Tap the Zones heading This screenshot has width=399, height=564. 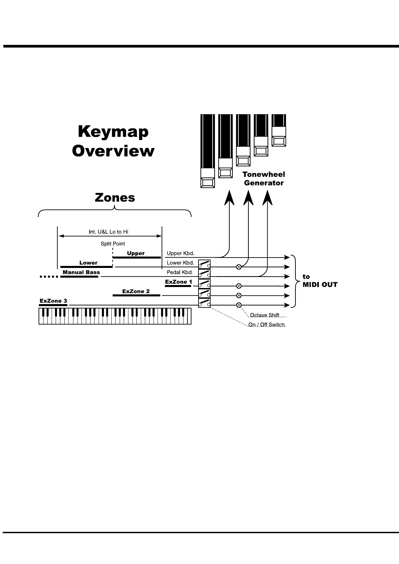click(x=115, y=197)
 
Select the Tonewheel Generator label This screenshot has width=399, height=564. click(x=264, y=179)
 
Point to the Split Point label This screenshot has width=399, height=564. click(x=113, y=244)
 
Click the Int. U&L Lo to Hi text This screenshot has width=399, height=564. click(x=108, y=232)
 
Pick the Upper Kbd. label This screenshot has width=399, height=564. click(x=180, y=253)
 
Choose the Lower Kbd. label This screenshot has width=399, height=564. click(x=180, y=263)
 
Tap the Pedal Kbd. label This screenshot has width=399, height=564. click(x=180, y=272)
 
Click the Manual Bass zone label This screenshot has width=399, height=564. click(x=81, y=272)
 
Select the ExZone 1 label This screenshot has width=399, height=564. click(x=178, y=282)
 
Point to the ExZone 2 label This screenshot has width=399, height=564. click(x=136, y=291)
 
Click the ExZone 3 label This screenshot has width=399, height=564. click(x=53, y=301)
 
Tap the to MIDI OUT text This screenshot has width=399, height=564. click(x=320, y=281)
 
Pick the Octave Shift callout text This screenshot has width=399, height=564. click(x=265, y=315)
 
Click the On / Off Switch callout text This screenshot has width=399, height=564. click(x=266, y=325)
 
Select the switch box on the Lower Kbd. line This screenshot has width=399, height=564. click(x=204, y=264)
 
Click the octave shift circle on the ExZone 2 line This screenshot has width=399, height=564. click(x=239, y=295)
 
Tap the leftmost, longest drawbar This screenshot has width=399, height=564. click(x=207, y=151)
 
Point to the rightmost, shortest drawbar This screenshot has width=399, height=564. click(x=279, y=131)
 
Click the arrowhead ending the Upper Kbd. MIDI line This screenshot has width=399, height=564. click(x=287, y=257)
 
